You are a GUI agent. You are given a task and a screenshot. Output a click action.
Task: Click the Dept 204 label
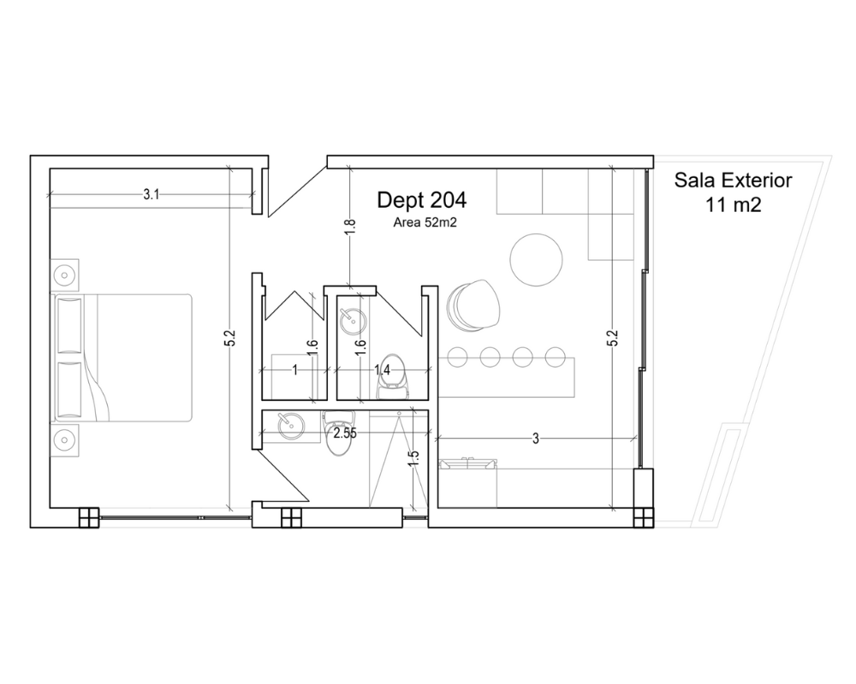tap(421, 200)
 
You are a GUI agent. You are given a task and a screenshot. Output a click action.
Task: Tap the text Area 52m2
tap(425, 222)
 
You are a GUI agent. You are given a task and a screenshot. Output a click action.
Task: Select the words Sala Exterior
tap(733, 180)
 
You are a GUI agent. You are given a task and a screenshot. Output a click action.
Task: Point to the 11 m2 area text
tap(733, 205)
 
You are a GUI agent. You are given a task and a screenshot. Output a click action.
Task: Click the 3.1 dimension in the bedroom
tap(152, 194)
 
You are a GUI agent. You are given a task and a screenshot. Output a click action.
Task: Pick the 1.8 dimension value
tap(350, 227)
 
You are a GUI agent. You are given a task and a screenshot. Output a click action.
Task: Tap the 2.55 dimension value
tap(345, 433)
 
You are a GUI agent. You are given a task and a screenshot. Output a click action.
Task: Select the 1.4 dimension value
tap(382, 370)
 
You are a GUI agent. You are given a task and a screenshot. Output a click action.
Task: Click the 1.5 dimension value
tap(413, 458)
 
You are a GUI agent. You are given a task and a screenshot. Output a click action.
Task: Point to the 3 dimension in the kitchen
tap(536, 439)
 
